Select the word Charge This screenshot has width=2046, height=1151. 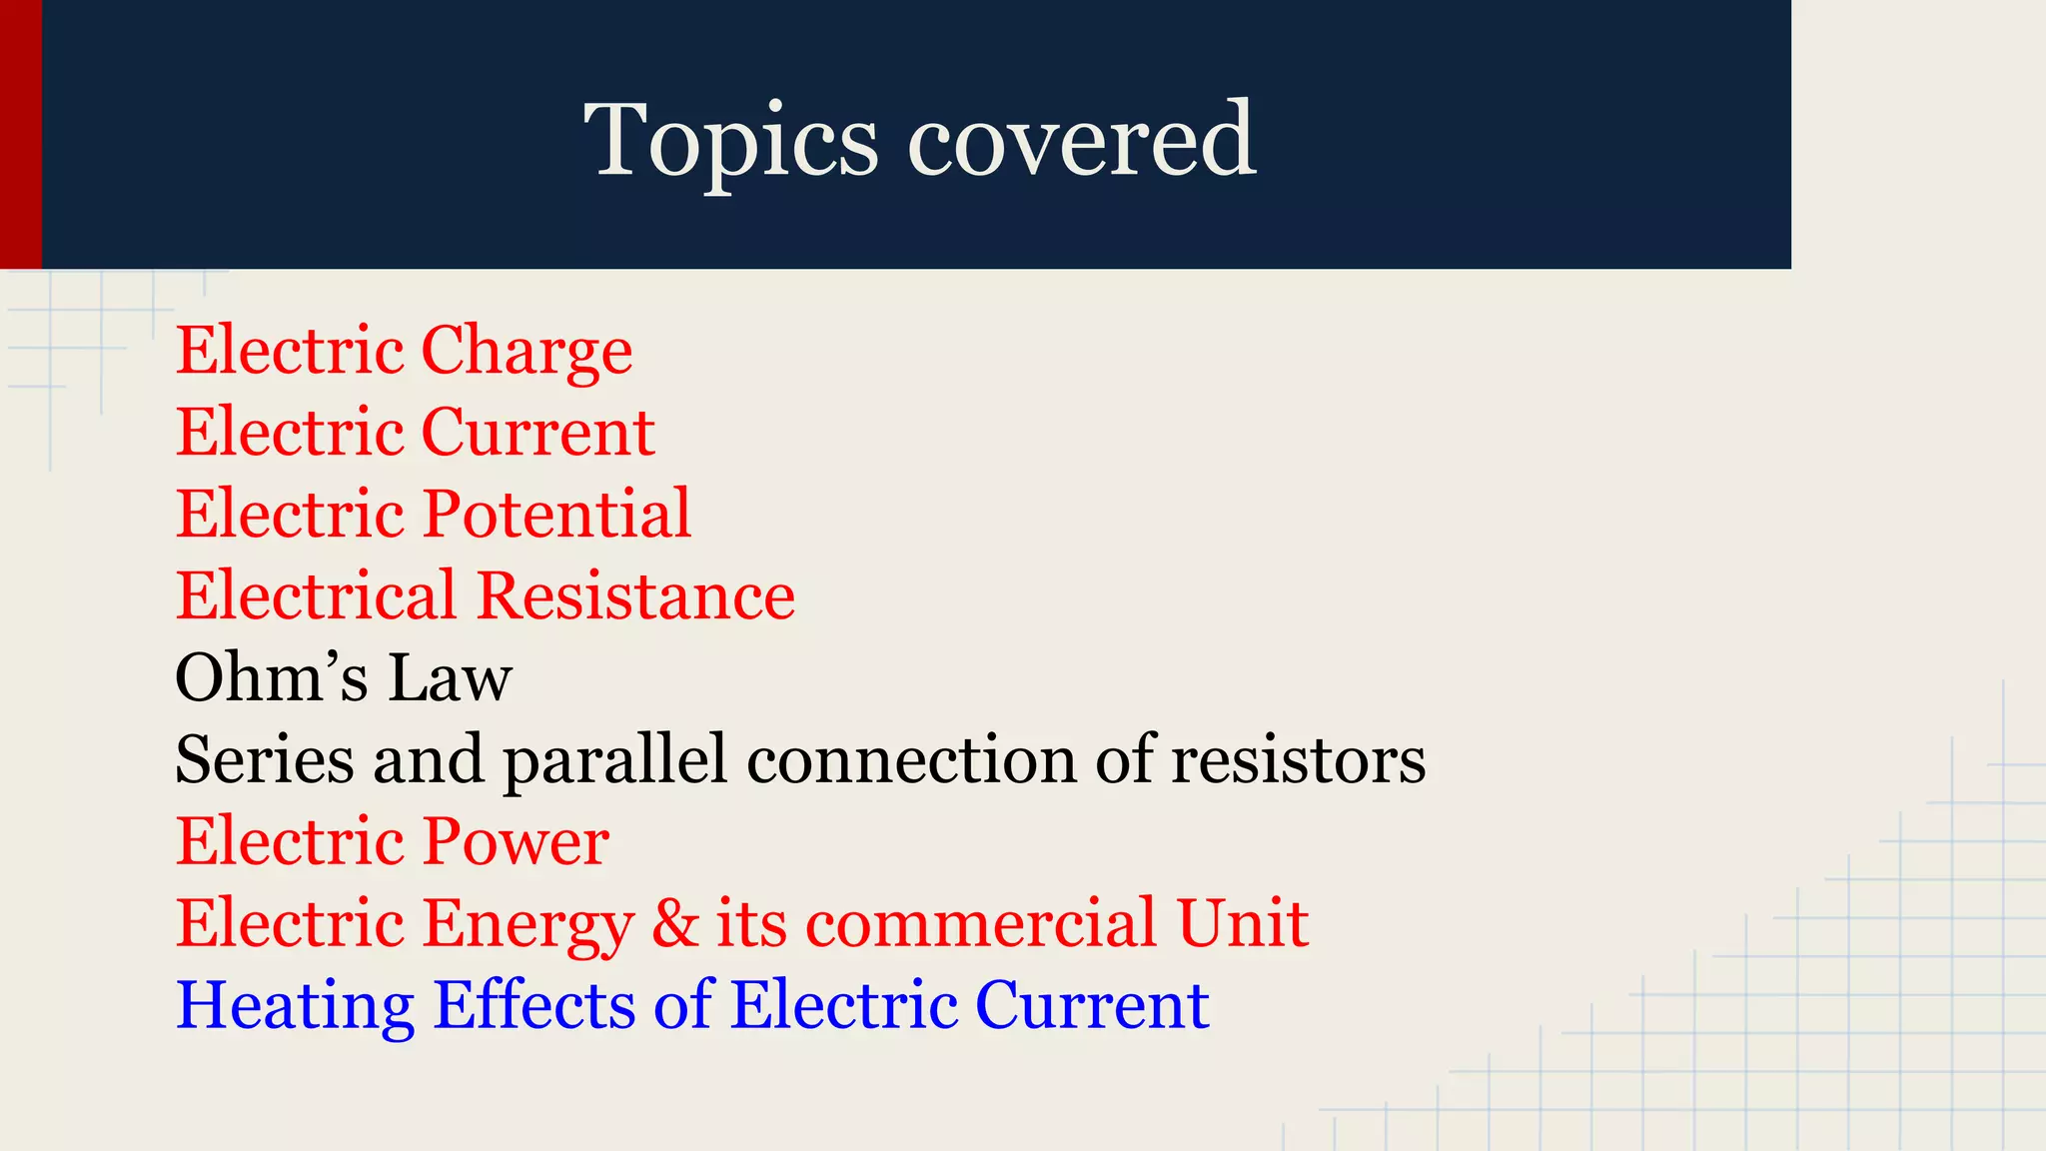coord(526,352)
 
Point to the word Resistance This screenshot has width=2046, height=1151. coord(635,596)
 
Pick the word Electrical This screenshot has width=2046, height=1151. coord(317,596)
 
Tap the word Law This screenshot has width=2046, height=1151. coord(450,678)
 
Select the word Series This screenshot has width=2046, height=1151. coord(264,760)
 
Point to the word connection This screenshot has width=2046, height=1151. coord(911,760)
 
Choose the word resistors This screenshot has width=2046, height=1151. coord(1298,760)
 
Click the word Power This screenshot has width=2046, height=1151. coord(516,841)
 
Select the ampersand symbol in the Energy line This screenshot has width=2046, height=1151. coord(675,923)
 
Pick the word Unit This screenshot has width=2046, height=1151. coord(1242,923)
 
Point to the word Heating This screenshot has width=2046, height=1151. coord(295,1006)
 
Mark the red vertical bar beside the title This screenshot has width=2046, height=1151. coord(20,134)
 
